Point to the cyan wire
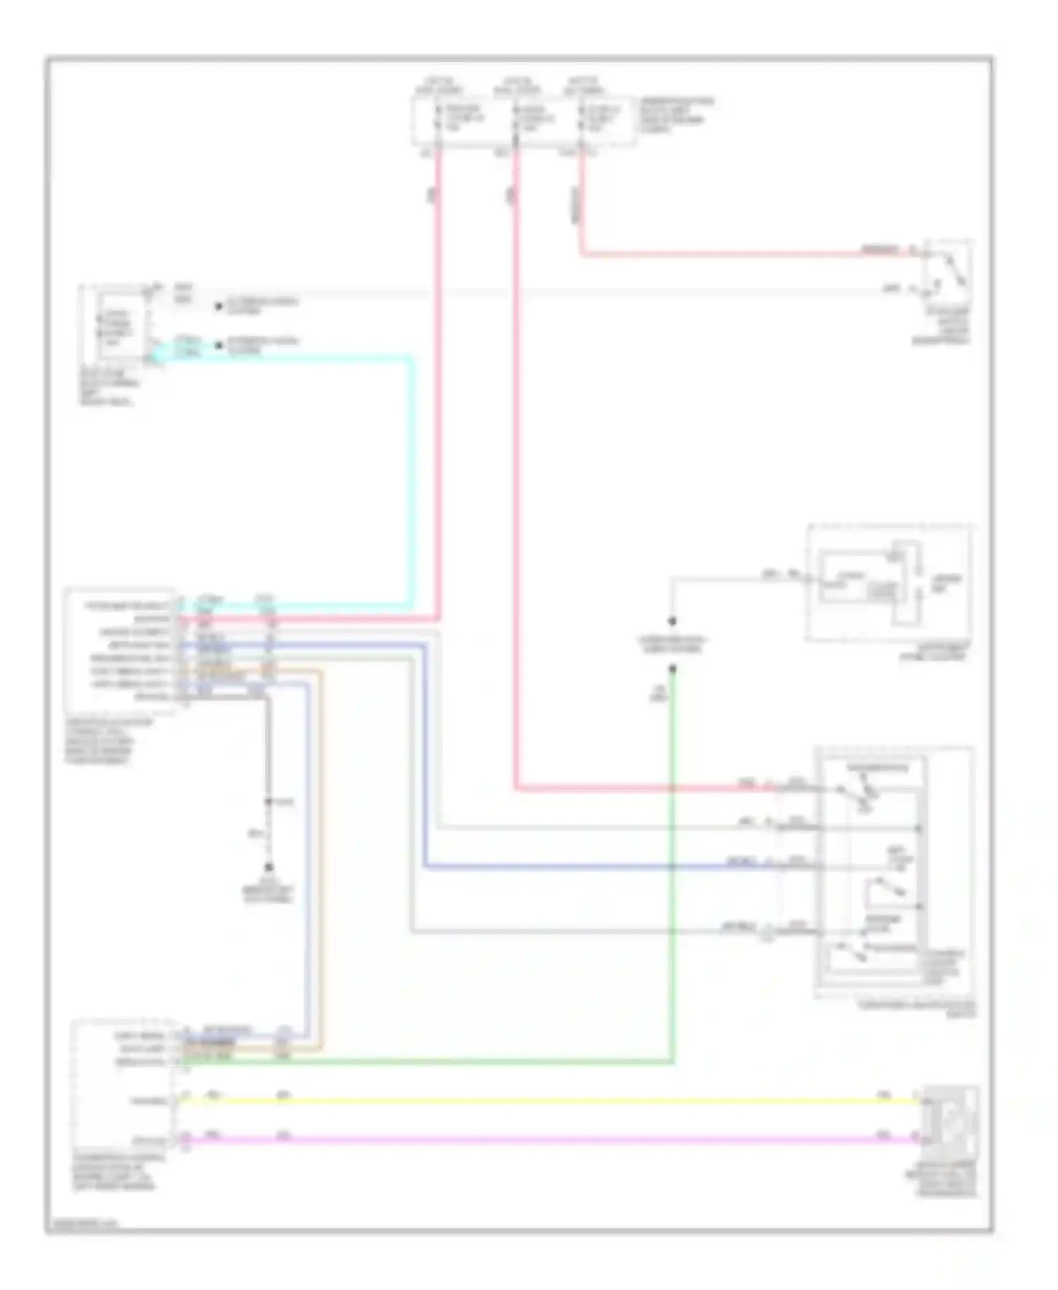point(412,480)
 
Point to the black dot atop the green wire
point(673,668)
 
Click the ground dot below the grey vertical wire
point(269,867)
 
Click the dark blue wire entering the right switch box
point(635,867)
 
